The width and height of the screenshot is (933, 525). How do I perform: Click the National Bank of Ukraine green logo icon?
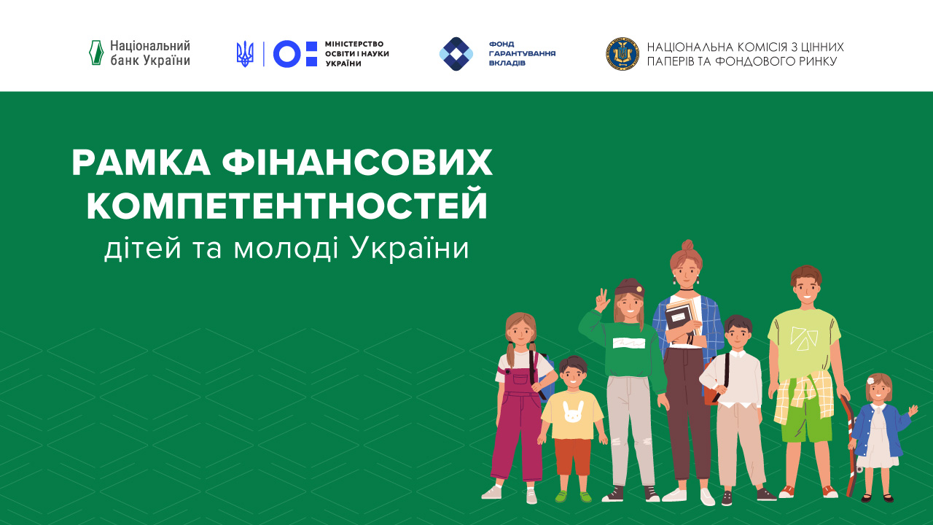(95, 53)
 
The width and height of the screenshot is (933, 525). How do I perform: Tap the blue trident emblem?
(245, 54)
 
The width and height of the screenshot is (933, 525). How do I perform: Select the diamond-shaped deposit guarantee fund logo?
(456, 54)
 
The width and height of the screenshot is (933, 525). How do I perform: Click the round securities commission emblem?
(622, 54)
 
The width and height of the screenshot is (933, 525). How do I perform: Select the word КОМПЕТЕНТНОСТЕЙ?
(286, 206)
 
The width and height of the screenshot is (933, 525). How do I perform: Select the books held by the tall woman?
(682, 321)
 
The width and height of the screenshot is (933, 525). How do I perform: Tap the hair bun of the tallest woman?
(687, 246)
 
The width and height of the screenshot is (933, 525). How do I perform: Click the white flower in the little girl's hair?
(870, 380)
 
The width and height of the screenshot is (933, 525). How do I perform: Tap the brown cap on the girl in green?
(629, 287)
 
